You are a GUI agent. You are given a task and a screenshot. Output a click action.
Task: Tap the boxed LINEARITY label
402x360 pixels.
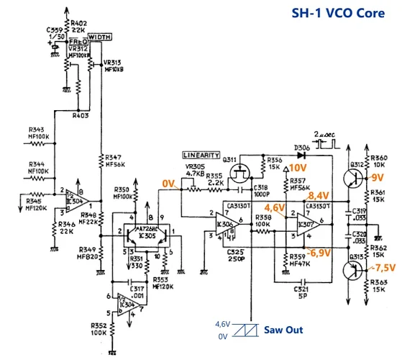202,155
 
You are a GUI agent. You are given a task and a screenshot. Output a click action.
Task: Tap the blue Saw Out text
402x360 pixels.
283,330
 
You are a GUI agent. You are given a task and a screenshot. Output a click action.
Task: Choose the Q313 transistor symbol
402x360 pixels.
354,270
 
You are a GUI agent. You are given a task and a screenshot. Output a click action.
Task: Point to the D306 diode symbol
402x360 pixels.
303,153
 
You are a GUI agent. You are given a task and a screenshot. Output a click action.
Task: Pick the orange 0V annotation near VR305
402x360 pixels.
170,184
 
